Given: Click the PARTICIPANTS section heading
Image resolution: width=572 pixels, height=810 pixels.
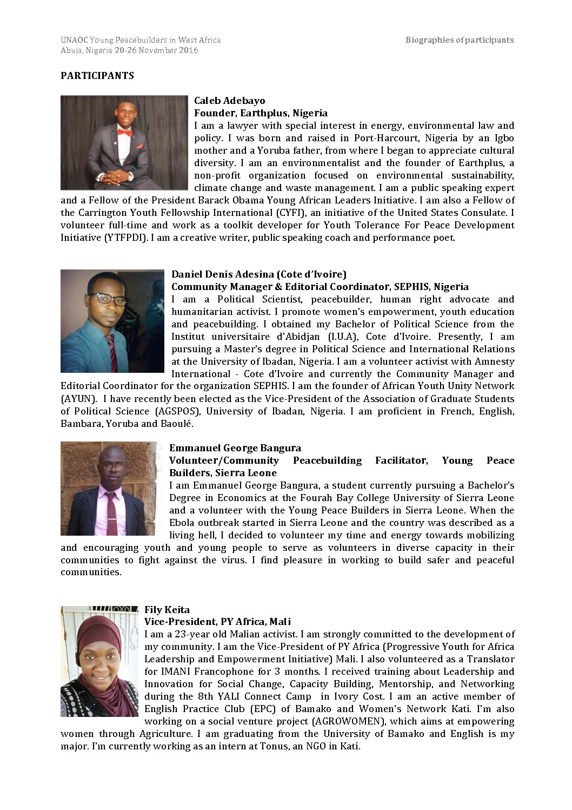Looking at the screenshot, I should tap(97, 76).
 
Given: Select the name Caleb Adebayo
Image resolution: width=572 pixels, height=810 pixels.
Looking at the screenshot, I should tap(229, 101).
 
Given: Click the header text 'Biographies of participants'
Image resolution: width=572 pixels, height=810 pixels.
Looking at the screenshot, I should tap(460, 40).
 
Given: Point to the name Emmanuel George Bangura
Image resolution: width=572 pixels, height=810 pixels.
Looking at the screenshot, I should tap(235, 448).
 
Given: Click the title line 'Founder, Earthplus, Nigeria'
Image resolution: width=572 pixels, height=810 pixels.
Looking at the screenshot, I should tap(261, 113).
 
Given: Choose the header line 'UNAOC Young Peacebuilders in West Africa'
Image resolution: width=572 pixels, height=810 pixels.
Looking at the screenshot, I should tap(141, 40).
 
